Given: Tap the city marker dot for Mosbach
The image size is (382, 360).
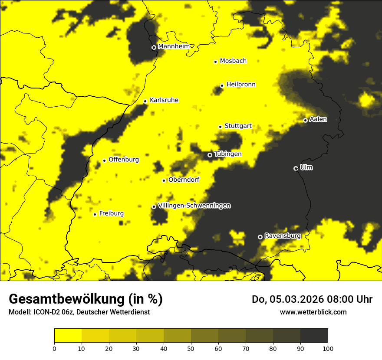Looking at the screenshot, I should click(215, 62).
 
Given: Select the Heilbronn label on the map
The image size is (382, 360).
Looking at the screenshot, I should click(241, 85).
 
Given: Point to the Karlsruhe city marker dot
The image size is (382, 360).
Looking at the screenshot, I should click(145, 101).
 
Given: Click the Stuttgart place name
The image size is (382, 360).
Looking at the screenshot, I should click(238, 126).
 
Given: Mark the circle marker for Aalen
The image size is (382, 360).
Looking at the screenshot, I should click(305, 120).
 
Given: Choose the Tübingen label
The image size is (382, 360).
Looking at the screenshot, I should click(228, 154).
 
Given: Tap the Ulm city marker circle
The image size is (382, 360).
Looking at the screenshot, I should click(296, 168).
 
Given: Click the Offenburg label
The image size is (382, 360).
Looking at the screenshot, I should click(124, 160).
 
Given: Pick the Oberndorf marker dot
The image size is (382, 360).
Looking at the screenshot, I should click(164, 180).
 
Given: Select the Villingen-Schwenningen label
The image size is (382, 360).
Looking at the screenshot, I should click(194, 206).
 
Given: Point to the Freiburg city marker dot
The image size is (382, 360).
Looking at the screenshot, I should click(95, 214).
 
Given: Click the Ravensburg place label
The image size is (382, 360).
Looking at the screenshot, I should click(283, 236).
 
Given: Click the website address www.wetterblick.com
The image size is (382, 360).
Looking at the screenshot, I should click(313, 312).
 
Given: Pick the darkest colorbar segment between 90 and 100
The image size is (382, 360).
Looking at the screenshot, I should click(314, 335).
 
